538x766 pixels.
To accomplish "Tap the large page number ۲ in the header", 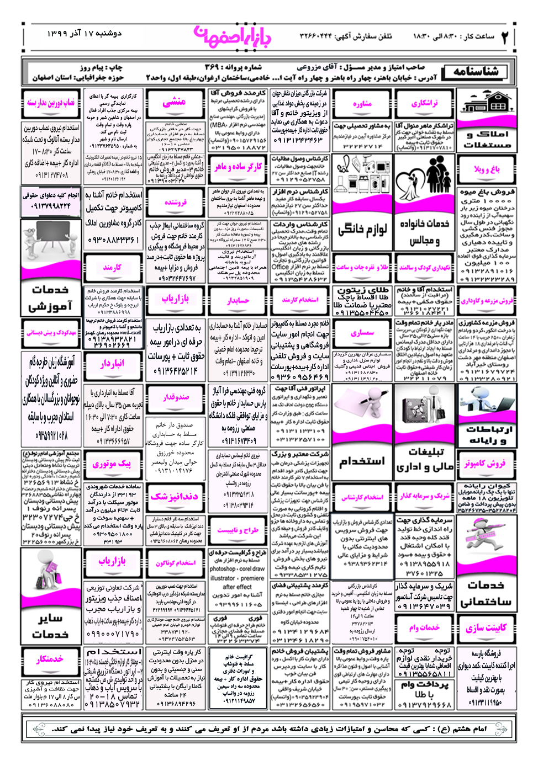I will tap(504, 38).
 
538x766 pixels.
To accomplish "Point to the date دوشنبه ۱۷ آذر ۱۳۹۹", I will tap(84, 34).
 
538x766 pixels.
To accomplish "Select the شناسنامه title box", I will tap(476, 72).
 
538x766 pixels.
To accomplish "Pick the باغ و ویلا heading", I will tap(487, 169).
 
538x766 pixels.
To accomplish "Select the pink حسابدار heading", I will tap(238, 300).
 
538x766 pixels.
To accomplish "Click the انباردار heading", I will tap(112, 364).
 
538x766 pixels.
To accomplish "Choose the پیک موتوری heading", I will tap(112, 464).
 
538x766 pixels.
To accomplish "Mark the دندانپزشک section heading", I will tap(174, 497).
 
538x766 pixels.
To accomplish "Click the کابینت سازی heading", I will tap(486, 628).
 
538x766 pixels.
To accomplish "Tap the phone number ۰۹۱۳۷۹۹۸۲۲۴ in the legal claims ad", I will tap(50, 206).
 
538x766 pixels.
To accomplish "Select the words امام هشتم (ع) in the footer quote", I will tap(470, 728).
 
